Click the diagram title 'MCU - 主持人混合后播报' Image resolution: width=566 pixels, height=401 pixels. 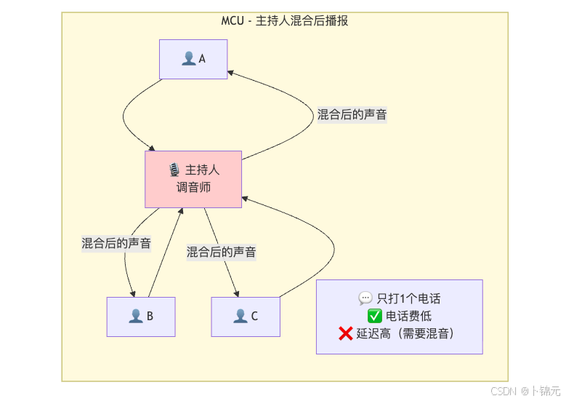point(285,21)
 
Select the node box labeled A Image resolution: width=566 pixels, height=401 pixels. point(193,59)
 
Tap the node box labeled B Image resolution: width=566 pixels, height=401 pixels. point(141,317)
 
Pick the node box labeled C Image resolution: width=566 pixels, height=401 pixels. point(246,317)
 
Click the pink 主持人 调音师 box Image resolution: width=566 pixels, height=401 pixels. point(193,179)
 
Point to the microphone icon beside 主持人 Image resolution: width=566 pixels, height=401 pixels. point(174,170)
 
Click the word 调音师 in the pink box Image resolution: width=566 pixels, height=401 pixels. point(193,188)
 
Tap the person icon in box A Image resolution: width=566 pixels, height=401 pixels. point(188,58)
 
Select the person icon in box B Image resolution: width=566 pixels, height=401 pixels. point(136,317)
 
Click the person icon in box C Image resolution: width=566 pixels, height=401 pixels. point(240,317)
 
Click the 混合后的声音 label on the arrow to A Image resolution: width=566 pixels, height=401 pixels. point(352,115)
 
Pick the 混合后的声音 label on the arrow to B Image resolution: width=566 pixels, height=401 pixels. point(116,244)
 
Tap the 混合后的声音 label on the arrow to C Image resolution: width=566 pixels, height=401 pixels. point(221,253)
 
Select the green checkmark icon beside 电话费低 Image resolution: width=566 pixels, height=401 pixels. point(375,317)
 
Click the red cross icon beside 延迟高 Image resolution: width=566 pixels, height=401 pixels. point(346,334)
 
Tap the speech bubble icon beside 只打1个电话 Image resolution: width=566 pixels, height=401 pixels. point(365,298)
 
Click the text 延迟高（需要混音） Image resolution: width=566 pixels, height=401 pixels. point(405,334)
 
